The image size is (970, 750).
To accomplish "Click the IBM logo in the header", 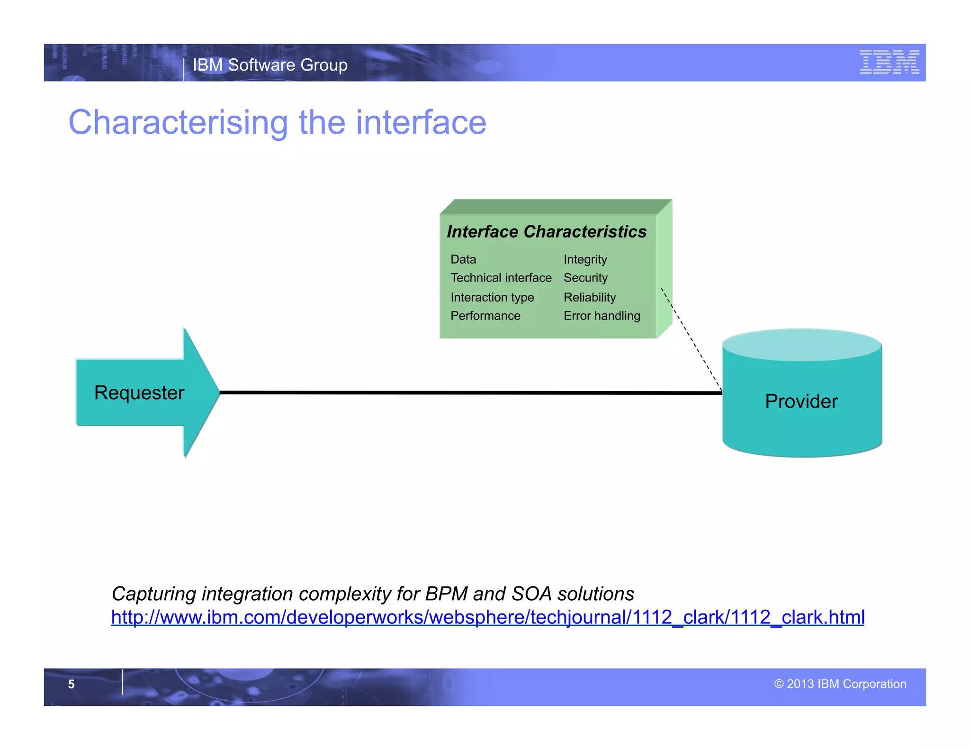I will pyautogui.click(x=889, y=62).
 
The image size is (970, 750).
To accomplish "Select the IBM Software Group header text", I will pyautogui.click(x=270, y=65).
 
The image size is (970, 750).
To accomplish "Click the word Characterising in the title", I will pyautogui.click(x=178, y=123).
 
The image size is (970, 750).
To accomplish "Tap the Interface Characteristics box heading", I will pyautogui.click(x=546, y=232).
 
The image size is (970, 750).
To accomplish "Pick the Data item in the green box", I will pyautogui.click(x=463, y=259).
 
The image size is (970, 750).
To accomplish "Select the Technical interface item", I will pyautogui.click(x=501, y=278).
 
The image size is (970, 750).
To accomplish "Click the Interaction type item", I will pyautogui.click(x=492, y=297).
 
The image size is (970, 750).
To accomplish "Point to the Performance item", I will pyautogui.click(x=485, y=316).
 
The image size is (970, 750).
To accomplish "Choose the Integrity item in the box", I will pyautogui.click(x=585, y=259).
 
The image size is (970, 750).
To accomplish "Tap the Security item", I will pyautogui.click(x=585, y=278).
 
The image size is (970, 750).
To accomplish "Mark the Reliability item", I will pyautogui.click(x=589, y=297).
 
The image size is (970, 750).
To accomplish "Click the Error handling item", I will pyautogui.click(x=602, y=316).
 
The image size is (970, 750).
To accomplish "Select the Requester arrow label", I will pyautogui.click(x=139, y=393).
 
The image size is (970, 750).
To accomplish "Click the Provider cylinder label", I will pyautogui.click(x=801, y=401).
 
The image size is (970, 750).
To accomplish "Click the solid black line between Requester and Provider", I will pyautogui.click(x=469, y=393).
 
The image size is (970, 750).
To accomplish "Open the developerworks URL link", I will pyautogui.click(x=487, y=617).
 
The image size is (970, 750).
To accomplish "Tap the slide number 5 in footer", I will pyautogui.click(x=71, y=684).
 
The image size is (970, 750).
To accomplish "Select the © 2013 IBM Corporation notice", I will pyautogui.click(x=840, y=684).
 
